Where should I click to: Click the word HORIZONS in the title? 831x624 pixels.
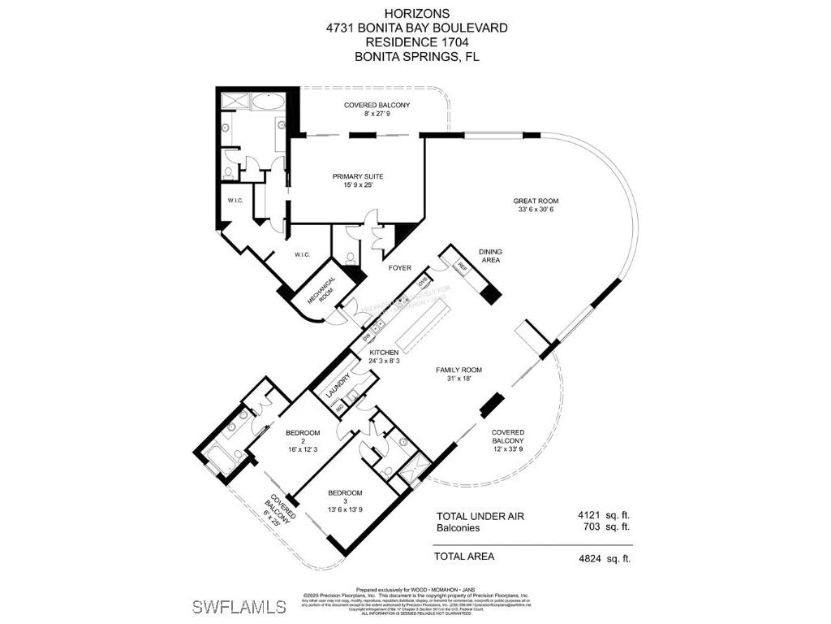(415, 14)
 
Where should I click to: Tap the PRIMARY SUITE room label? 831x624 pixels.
(357, 175)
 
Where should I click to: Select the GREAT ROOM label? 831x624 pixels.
(536, 201)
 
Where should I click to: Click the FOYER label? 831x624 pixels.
(399, 268)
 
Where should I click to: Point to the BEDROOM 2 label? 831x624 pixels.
(303, 437)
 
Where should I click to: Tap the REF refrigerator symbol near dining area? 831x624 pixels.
(463, 266)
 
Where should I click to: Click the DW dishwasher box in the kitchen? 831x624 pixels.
(366, 336)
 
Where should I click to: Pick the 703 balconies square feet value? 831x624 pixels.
(592, 526)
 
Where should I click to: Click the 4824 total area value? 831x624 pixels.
(591, 557)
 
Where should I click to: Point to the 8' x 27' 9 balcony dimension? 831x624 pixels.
(377, 115)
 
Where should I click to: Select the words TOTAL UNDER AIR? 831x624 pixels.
(480, 516)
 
